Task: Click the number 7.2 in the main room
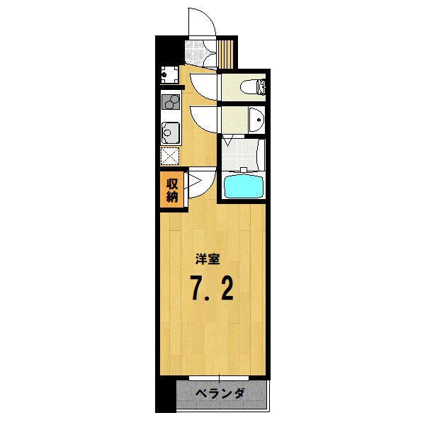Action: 211,287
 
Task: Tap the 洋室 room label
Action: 208,259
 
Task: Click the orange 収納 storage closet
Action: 172,191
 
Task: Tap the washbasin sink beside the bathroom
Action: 256,120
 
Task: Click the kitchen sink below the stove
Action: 170,132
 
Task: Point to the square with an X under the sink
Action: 171,155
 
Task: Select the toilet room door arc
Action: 204,86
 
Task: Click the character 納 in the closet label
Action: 172,197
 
